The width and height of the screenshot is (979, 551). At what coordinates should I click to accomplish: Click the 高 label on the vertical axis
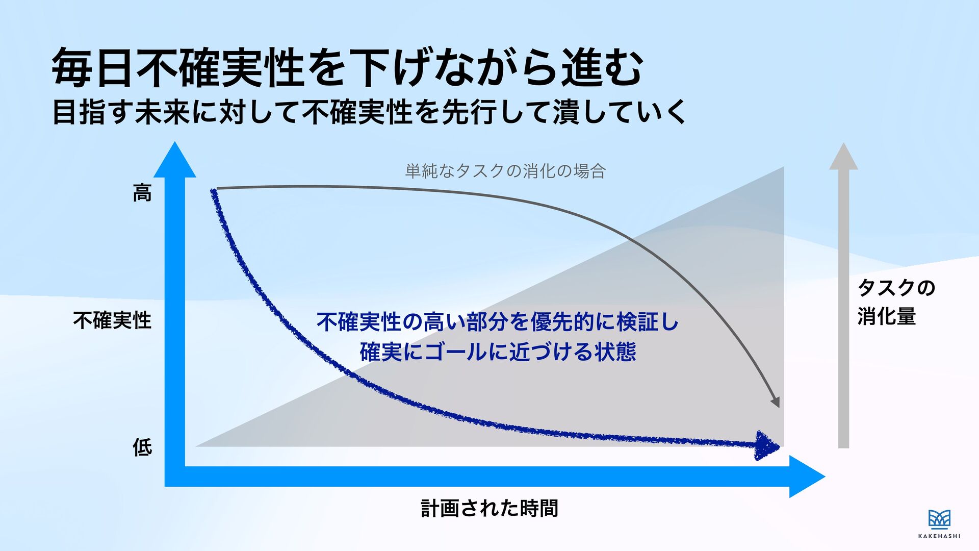pos(142,193)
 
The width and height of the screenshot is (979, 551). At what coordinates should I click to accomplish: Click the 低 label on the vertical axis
pos(142,447)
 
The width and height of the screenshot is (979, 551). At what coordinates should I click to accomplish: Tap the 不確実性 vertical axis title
pos(113,320)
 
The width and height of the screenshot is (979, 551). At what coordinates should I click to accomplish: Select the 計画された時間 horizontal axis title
pos(489,508)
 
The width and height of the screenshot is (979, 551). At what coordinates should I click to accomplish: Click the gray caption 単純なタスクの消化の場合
pos(505,171)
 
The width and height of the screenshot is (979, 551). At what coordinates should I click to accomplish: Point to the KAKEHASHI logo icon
pos(939,519)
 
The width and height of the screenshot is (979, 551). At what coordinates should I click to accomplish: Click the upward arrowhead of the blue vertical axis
pos(175,159)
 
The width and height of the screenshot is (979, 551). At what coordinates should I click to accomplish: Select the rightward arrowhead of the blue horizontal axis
pos(807,477)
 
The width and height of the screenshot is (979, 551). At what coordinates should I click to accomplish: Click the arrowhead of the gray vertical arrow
pos(843,156)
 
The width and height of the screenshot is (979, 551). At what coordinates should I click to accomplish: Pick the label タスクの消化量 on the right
pos(896,302)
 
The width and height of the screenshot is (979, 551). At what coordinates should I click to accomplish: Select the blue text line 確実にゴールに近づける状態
pos(498,352)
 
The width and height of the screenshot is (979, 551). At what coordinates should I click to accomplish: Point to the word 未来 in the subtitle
pos(162,112)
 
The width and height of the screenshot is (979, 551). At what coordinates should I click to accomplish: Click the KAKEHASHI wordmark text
pos(939,536)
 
